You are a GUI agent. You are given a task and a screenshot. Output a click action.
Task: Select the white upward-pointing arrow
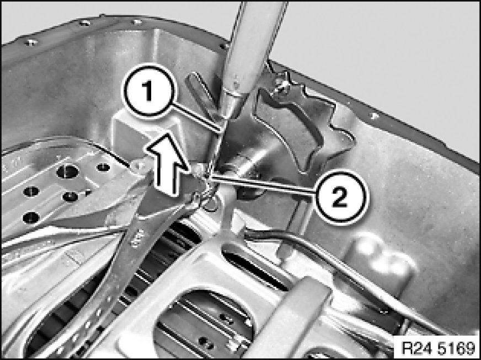(x=165, y=164)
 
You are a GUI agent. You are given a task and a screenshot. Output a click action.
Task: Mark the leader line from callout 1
(x=196, y=117)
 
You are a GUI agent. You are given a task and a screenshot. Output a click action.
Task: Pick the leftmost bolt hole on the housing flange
(x=31, y=42)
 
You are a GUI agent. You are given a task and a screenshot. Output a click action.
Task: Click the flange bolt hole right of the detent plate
(x=373, y=116)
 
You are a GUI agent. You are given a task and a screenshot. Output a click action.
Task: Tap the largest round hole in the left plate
(x=68, y=171)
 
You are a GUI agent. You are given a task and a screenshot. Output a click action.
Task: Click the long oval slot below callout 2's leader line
(x=255, y=267)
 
